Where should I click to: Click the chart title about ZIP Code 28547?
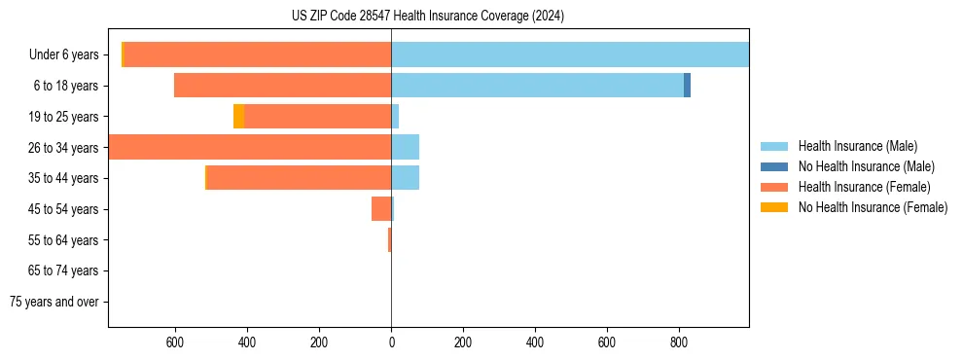tap(428, 17)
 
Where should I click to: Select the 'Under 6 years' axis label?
tap(64, 54)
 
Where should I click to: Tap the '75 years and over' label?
tap(54, 302)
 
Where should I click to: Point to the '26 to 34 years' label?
tap(64, 148)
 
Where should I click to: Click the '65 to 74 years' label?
tap(64, 270)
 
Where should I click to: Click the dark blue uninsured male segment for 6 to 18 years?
tap(687, 86)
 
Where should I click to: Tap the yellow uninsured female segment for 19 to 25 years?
tap(238, 117)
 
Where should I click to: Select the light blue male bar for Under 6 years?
tap(570, 54)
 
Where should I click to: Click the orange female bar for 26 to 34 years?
tap(250, 147)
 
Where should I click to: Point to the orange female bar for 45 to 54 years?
tap(380, 209)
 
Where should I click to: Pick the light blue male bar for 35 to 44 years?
tap(405, 178)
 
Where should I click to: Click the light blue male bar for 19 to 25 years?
tap(395, 117)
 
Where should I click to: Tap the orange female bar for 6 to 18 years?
tap(282, 86)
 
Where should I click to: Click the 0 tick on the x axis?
tap(391, 342)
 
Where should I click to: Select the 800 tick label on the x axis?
tap(679, 342)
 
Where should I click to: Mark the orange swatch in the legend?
tap(774, 187)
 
